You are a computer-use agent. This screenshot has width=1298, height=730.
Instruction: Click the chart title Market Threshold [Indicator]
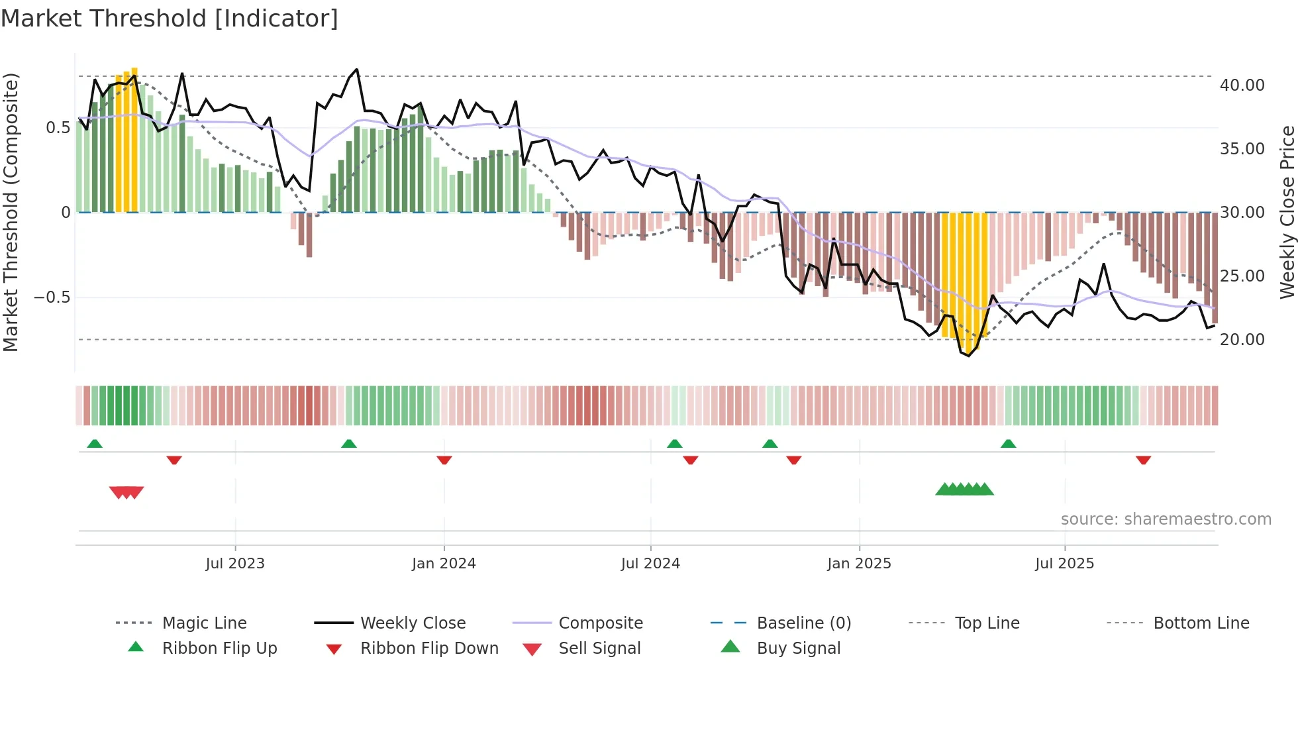coord(170,19)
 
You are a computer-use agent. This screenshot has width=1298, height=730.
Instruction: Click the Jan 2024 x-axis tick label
coord(444,564)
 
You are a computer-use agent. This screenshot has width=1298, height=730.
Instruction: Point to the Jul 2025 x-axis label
coord(1064,564)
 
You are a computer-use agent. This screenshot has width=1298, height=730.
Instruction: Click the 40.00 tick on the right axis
coord(1242,85)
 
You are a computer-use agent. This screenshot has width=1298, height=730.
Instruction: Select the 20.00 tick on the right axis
coord(1242,340)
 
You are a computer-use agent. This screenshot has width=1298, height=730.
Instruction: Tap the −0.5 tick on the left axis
coord(52,297)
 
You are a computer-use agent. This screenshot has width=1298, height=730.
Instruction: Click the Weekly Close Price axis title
coord(1287,212)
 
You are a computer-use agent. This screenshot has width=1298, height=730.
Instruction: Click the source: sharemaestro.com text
coord(1166,519)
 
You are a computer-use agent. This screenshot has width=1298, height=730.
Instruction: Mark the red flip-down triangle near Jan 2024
coord(444,460)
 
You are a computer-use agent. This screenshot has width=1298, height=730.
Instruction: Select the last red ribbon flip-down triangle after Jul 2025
coord(1143,460)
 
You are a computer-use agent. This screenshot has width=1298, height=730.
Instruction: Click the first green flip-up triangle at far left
coord(95,443)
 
